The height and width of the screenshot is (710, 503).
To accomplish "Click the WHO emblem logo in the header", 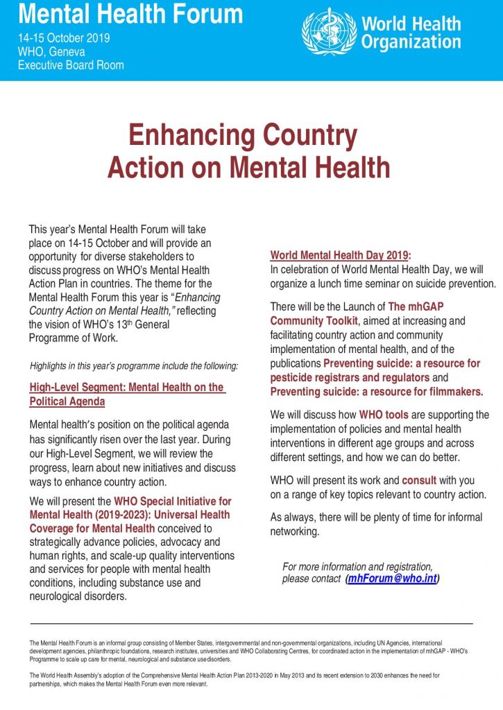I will click(329, 32).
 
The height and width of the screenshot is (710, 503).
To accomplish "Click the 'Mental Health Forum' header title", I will click(130, 14).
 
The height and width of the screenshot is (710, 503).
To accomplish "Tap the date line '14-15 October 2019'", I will click(64, 38).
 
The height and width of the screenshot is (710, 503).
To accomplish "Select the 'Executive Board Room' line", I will click(71, 65).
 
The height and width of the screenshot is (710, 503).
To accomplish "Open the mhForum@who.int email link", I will click(392, 579).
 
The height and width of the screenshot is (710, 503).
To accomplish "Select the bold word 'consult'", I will click(419, 480).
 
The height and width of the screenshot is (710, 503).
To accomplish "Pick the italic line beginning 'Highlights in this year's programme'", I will click(134, 365).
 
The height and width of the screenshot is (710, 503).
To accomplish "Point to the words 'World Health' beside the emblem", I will click(411, 24).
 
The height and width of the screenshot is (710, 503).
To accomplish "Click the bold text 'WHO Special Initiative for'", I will click(163, 501).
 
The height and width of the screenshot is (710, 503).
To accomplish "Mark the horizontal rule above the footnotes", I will click(251, 624).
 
